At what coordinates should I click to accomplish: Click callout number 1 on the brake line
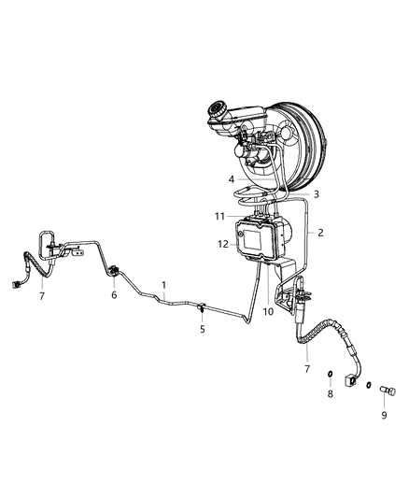(164, 284)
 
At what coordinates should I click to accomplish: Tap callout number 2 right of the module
(320, 233)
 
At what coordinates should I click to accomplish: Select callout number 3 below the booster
(316, 194)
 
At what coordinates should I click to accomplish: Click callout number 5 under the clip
(202, 329)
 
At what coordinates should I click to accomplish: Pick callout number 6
(114, 294)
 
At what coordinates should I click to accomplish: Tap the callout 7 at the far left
(42, 295)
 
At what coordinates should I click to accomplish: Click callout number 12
(222, 245)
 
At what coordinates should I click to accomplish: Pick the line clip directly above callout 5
(201, 306)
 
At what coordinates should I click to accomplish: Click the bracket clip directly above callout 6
(114, 272)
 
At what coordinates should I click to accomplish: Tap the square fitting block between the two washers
(353, 381)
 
